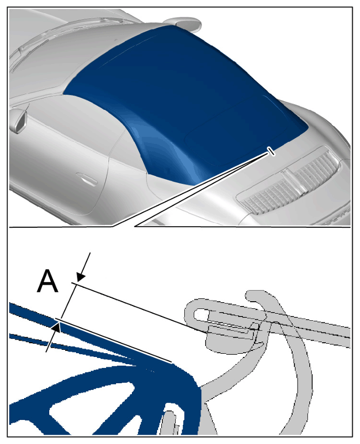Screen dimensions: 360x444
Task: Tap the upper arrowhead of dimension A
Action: tap(80, 277)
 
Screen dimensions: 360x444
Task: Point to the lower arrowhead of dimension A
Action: tap(56, 327)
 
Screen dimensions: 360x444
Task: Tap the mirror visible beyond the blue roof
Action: tap(184, 22)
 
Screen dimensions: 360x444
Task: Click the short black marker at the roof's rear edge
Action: tap(271, 151)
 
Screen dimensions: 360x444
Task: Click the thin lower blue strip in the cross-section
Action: tap(71, 347)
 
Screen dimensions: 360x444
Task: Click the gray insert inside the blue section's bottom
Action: tap(169, 423)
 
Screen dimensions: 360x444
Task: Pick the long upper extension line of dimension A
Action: tap(138, 307)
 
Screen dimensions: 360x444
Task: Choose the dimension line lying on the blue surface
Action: tap(113, 341)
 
